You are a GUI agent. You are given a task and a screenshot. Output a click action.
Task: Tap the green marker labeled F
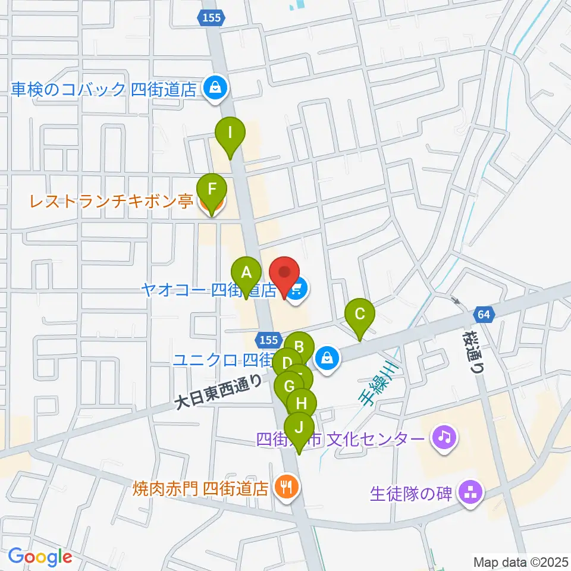click(211, 191)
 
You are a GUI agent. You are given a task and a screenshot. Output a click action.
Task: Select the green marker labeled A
click(246, 274)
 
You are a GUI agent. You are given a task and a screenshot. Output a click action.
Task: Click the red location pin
click(284, 274)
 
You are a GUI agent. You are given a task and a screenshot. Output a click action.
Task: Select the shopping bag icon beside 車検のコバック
click(212, 89)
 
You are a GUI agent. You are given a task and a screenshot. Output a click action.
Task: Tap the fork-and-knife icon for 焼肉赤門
click(287, 488)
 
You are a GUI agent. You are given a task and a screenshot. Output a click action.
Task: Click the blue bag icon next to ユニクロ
click(327, 359)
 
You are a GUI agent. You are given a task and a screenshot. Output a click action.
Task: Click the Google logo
click(40, 557)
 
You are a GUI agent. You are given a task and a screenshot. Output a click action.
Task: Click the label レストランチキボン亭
click(111, 202)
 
